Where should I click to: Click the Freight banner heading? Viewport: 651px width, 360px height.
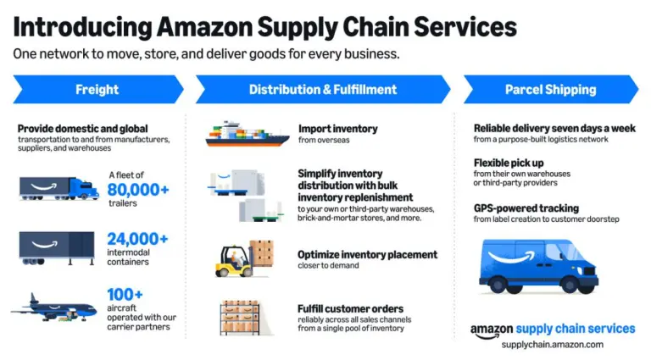pyautogui.click(x=97, y=90)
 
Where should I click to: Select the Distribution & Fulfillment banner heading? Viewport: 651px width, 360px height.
pyautogui.click(x=323, y=90)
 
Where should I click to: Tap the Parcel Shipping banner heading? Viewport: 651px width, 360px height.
pyautogui.click(x=550, y=90)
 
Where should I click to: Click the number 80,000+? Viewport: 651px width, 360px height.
pyautogui.click(x=138, y=190)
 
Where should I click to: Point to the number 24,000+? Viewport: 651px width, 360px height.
pyautogui.click(x=137, y=239)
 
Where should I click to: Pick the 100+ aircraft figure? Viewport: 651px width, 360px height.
pyautogui.click(x=125, y=295)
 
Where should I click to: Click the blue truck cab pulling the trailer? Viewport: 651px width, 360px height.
pyautogui.click(x=84, y=189)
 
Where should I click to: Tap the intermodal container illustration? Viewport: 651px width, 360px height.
pyautogui.click(x=57, y=248)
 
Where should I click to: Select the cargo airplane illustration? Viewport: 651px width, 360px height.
pyautogui.click(x=53, y=308)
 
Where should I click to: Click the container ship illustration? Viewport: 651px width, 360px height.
pyautogui.click(x=247, y=134)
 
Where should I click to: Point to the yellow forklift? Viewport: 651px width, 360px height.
pyautogui.click(x=235, y=261)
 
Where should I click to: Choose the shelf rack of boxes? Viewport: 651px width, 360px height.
pyautogui.click(x=241, y=318)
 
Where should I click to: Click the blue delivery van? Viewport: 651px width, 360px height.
pyautogui.click(x=538, y=266)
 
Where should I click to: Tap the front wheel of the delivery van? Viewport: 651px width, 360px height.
pyautogui.click(x=570, y=285)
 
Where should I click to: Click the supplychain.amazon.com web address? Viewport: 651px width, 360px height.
pyautogui.click(x=552, y=345)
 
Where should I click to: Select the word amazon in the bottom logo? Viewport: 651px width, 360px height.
pyautogui.click(x=492, y=330)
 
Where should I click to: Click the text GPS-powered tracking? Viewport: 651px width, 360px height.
pyautogui.click(x=526, y=208)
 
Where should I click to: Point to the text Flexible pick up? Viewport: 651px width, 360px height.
pyautogui.click(x=509, y=163)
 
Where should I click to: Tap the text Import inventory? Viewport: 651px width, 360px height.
pyautogui.click(x=338, y=129)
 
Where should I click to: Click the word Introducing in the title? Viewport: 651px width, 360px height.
pyautogui.click(x=82, y=27)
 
